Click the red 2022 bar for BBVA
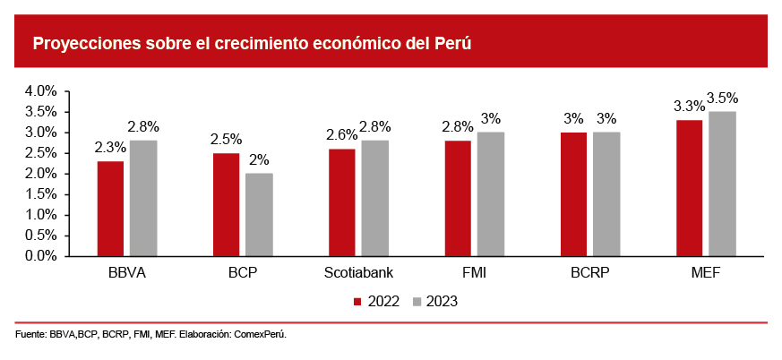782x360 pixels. coord(110,208)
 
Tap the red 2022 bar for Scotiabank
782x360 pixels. coord(341,201)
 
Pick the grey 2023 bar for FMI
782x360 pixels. coord(490,193)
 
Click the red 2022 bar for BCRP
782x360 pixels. coord(573,193)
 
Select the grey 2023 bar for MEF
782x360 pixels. coord(722,184)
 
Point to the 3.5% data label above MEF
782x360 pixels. coord(722,99)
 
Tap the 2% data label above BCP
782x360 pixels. coord(260,160)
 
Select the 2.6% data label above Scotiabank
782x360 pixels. coord(341,135)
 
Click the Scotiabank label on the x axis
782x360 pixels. coord(358,272)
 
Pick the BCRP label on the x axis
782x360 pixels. coord(589,272)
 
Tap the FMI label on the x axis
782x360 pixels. coord(474,272)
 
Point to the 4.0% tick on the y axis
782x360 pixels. coord(41,91)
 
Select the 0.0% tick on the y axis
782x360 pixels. coord(41,256)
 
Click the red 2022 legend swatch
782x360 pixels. coord(358,302)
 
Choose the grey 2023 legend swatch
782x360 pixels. coord(417,302)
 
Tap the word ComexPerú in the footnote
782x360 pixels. coord(260,334)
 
